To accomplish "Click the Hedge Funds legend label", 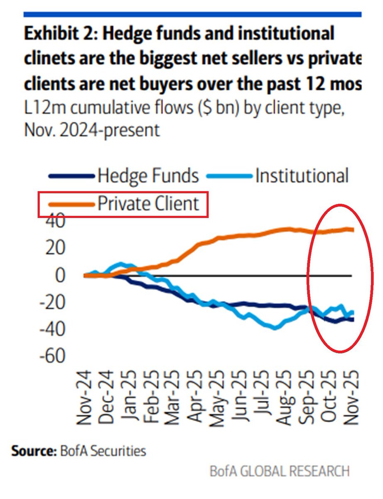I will pyautogui.click(x=148, y=176).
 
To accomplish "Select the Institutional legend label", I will pyautogui.click(x=302, y=176).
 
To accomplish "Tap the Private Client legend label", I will pyautogui.click(x=148, y=204).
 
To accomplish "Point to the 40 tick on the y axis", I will pyautogui.click(x=54, y=221).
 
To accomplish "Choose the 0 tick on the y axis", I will pyautogui.click(x=60, y=276).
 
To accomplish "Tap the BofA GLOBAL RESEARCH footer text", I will pyautogui.click(x=280, y=472).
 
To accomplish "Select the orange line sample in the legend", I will pyautogui.click(x=71, y=204).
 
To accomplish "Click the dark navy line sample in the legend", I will pyautogui.click(x=71, y=176).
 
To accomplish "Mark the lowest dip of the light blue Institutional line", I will pyautogui.click(x=274, y=328).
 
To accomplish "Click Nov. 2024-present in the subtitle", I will pyautogui.click(x=91, y=130).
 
